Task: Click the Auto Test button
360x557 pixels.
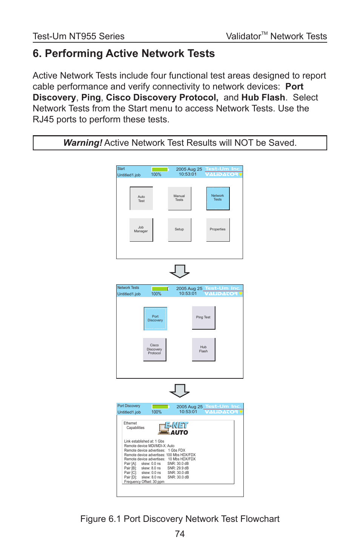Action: (x=141, y=199)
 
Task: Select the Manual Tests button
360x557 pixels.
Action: (x=179, y=198)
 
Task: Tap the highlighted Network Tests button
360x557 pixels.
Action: (x=218, y=198)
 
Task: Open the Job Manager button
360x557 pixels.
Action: (x=141, y=230)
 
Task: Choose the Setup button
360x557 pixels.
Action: (x=179, y=230)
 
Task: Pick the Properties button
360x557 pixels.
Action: (x=218, y=230)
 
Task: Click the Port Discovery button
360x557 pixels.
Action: (x=155, y=318)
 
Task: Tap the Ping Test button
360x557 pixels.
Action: (x=203, y=318)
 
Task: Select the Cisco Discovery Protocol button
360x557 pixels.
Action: (x=154, y=349)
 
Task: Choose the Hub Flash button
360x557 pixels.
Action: (x=203, y=349)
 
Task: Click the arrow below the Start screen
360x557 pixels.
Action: (x=180, y=271)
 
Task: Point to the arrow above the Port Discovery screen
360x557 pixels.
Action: (x=180, y=390)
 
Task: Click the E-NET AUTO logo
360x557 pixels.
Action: (x=174, y=429)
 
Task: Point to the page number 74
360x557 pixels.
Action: (x=180, y=534)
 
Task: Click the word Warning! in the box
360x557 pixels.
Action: (x=83, y=143)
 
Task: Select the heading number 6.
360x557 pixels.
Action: (x=37, y=54)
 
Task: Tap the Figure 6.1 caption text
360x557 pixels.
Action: (x=180, y=519)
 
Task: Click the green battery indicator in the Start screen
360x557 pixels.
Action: (x=160, y=170)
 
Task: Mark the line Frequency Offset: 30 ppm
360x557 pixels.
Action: (x=144, y=482)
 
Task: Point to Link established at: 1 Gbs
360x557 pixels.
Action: (x=144, y=441)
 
